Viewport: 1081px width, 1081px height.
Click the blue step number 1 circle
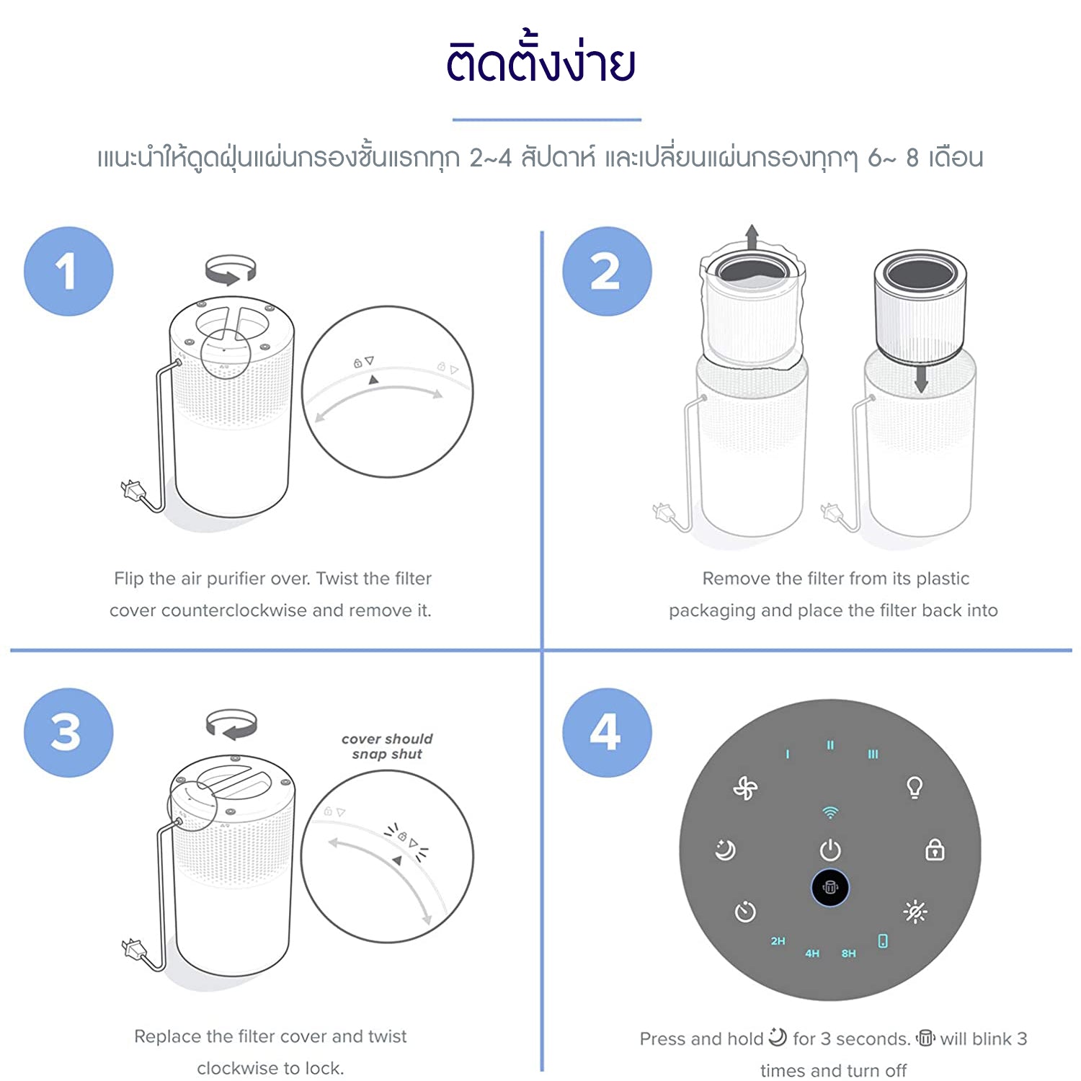[68, 272]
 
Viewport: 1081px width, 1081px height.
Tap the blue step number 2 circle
[607, 272]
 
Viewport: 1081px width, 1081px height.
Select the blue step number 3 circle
[68, 732]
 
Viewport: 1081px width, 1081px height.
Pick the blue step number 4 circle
[607, 732]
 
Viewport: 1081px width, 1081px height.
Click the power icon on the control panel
[830, 850]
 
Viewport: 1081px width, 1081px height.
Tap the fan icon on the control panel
[745, 788]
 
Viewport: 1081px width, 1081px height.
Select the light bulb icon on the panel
[915, 787]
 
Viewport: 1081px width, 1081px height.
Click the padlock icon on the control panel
[935, 850]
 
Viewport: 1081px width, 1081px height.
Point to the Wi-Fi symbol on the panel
[830, 813]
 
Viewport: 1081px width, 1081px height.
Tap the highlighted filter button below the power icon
[830, 888]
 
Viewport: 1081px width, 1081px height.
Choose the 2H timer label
[778, 941]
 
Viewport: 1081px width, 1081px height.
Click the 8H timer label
[849, 953]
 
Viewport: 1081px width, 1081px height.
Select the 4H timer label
[812, 953]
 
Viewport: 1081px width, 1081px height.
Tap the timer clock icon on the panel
[745, 912]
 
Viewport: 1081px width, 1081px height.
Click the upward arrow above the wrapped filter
[752, 237]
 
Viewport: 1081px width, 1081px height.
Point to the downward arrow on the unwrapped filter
[920, 379]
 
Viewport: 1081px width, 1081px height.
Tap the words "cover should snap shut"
[387, 747]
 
